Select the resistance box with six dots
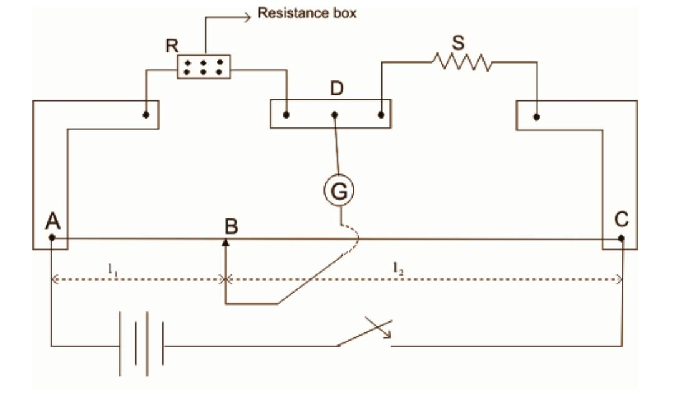pos(204,67)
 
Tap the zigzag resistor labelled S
pos(462,62)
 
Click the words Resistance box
pos(308,13)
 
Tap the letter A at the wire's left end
pos(53,221)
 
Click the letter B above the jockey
pos(231,226)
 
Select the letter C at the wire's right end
pos(622,220)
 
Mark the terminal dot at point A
pos(52,237)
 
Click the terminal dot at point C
pos(622,238)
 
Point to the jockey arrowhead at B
pos(225,242)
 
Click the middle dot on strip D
pos(335,115)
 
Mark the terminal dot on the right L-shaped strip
pos(536,117)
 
